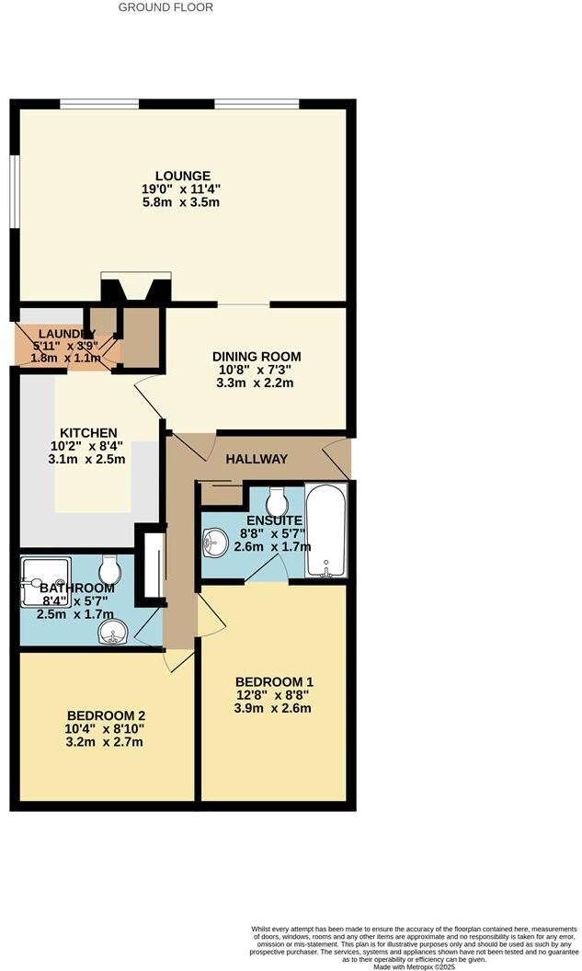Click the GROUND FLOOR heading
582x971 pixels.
[166, 7]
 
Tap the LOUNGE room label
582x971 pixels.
[183, 176]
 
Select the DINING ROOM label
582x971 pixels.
[257, 357]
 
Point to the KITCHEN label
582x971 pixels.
[88, 433]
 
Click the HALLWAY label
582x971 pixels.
[257, 459]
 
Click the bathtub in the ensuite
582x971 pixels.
[325, 531]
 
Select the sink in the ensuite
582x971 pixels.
[215, 542]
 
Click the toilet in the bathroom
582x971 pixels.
[109, 570]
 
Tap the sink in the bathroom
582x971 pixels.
[113, 632]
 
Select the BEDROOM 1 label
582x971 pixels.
[273, 681]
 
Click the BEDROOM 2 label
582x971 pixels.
[106, 715]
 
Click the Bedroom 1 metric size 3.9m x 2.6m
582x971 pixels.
[273, 708]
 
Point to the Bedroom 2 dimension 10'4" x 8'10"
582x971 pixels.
[106, 729]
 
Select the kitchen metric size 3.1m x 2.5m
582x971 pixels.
[88, 460]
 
